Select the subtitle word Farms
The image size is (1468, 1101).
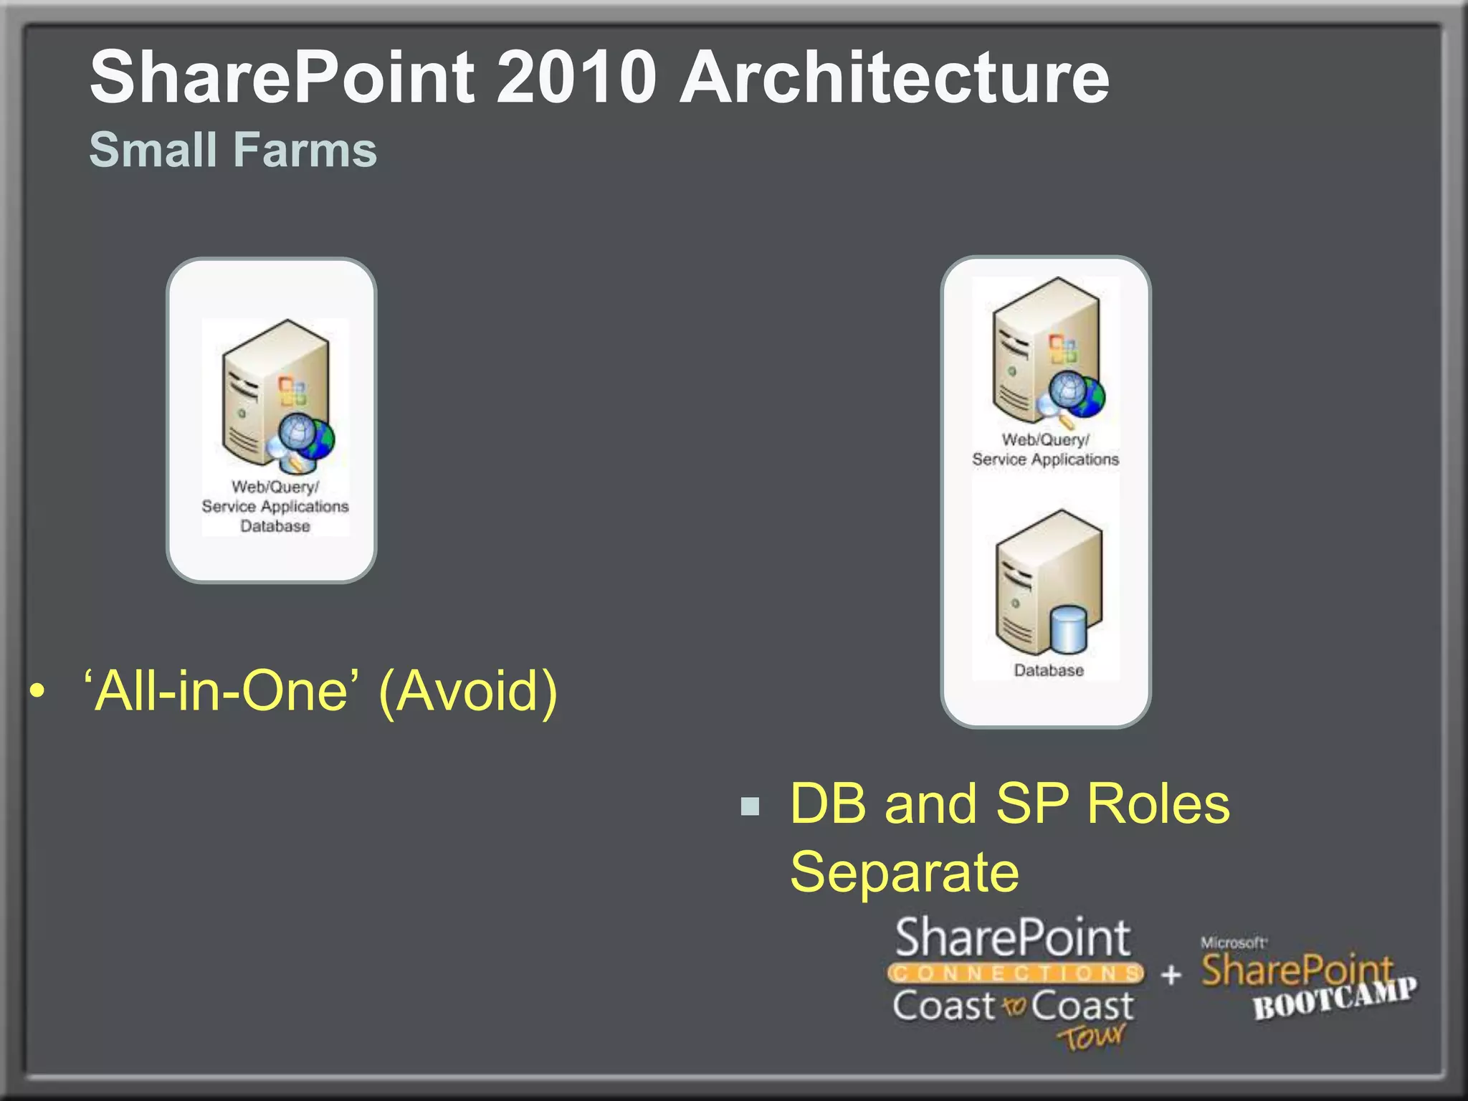click(x=306, y=151)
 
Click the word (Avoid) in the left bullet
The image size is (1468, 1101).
click(x=468, y=691)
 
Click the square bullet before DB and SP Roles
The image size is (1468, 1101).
click(x=750, y=806)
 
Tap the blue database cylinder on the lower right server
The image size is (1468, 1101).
click(x=1068, y=629)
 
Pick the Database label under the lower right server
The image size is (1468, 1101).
click(x=1048, y=670)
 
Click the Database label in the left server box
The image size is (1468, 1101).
click(x=275, y=526)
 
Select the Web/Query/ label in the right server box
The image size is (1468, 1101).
click(x=1045, y=439)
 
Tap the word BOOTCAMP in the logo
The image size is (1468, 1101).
click(x=1335, y=998)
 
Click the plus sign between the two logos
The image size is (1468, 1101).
click(x=1171, y=974)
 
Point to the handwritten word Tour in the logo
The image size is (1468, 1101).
click(x=1091, y=1036)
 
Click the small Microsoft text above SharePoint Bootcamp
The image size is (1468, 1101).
click(x=1233, y=943)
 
